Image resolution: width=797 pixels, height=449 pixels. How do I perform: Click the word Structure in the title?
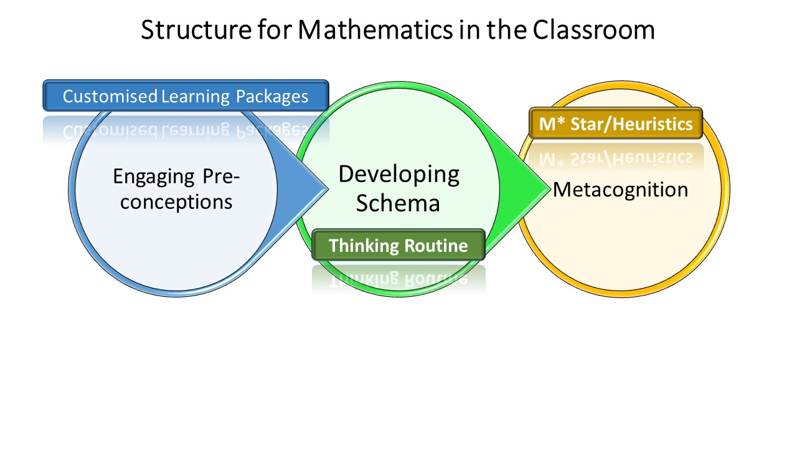coord(196,29)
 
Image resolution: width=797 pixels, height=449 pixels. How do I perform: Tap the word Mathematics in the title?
coord(375,29)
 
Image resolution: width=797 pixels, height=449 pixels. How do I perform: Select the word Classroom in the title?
coord(594,29)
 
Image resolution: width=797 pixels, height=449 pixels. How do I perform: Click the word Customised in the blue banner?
coord(110,96)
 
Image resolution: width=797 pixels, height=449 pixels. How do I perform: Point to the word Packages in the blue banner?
coord(272,97)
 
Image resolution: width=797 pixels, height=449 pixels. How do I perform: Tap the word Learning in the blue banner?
coord(196,97)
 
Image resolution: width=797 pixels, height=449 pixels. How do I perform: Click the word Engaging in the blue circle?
coord(154,177)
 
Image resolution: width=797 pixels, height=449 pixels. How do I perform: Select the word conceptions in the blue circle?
coord(176,202)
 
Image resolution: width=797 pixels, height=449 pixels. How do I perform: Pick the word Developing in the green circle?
coord(399,176)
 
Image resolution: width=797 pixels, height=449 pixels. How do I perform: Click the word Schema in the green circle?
coord(398,203)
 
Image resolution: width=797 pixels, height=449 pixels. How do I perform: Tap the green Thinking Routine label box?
coord(398,245)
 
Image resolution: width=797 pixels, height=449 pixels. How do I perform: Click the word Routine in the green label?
coord(436,246)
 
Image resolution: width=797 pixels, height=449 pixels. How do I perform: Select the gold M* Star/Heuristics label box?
coord(616,123)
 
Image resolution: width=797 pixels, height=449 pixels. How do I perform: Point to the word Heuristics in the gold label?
coord(653,124)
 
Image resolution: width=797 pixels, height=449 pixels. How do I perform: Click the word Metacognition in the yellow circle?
coord(621,190)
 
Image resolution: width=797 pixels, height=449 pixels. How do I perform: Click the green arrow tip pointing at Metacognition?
coord(549,188)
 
